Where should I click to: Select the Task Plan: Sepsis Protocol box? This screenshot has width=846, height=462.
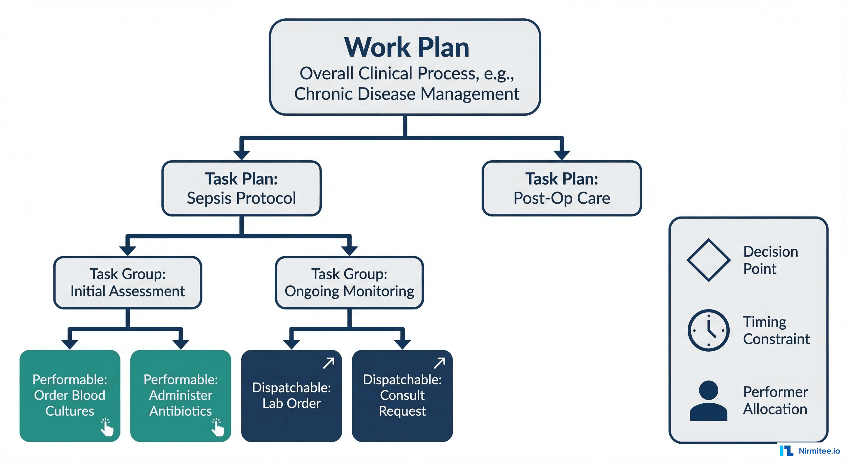(x=241, y=188)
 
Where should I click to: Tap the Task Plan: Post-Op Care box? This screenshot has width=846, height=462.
(x=561, y=188)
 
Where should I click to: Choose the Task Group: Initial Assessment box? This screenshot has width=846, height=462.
(x=127, y=283)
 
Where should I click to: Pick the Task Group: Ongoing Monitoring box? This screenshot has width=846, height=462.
(x=349, y=283)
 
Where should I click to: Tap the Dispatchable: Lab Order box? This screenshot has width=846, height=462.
(x=291, y=395)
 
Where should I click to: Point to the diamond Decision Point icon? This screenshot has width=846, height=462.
(x=708, y=260)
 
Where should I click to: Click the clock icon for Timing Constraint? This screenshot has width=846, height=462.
(x=708, y=330)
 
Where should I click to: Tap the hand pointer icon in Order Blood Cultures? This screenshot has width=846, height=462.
(x=107, y=427)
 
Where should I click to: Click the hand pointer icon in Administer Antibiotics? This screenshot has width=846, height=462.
(x=218, y=427)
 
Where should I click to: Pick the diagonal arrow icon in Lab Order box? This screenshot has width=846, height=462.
(x=328, y=363)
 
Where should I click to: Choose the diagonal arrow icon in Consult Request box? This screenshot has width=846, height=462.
(x=440, y=363)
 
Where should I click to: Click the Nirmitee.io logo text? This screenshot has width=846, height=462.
(x=819, y=451)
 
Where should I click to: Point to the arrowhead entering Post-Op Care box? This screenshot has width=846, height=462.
(x=561, y=155)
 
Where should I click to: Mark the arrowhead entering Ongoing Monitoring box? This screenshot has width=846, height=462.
(x=349, y=251)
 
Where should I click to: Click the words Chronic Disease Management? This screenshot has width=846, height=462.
(x=406, y=94)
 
